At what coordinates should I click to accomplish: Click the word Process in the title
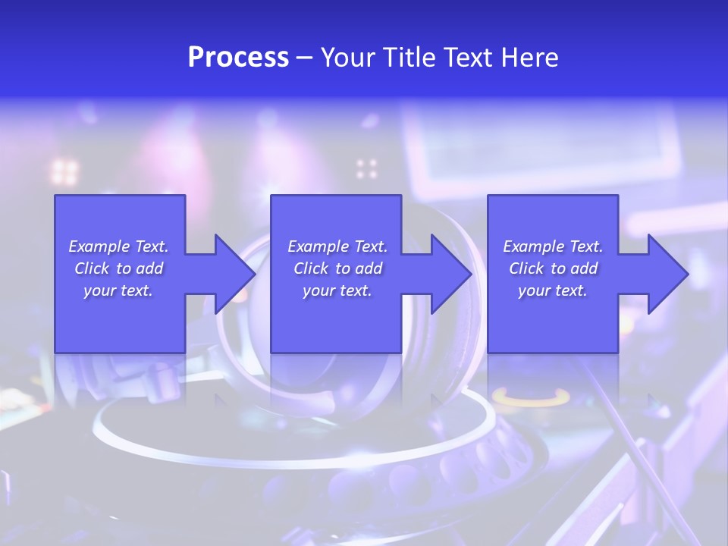[238, 58]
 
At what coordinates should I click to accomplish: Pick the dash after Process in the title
[305, 58]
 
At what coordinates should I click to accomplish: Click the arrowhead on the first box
[231, 274]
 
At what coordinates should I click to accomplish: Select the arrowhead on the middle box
[449, 274]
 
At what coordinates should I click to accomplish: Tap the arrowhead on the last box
[665, 274]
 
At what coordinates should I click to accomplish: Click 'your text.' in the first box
[118, 290]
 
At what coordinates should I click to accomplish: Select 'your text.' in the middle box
[337, 290]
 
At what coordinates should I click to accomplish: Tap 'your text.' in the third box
[552, 290]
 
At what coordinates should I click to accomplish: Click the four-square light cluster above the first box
[64, 171]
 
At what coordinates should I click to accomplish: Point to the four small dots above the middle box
[367, 168]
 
